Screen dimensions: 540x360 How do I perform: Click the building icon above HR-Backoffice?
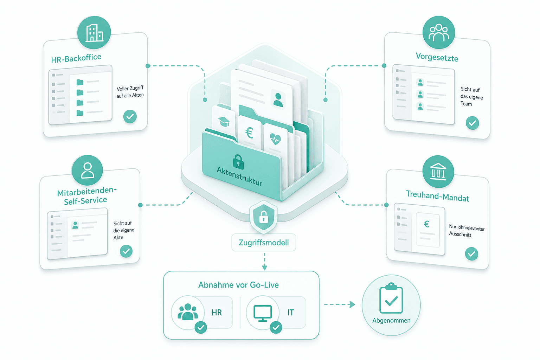[95, 33]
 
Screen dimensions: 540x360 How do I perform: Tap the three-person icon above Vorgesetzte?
[438, 32]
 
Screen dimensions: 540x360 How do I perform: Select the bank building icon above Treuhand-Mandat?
[438, 172]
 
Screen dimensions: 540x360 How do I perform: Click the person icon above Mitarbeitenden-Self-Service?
[87, 170]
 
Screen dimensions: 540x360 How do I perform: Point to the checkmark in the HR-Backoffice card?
[130, 117]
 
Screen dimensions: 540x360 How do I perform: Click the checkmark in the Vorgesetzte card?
[472, 123]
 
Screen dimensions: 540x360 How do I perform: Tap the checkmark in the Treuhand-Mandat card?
[471, 254]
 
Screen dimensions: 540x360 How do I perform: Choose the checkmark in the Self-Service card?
[126, 251]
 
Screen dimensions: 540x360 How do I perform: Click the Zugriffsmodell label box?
[264, 243]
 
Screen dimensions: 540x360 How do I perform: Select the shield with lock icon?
[263, 216]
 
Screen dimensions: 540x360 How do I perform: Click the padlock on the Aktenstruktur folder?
[238, 162]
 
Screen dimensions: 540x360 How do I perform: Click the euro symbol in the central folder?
[250, 133]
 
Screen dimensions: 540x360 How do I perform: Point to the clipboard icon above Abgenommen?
[391, 298]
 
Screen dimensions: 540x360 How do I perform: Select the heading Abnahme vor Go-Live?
[238, 285]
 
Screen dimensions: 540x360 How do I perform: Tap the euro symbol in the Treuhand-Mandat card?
[426, 224]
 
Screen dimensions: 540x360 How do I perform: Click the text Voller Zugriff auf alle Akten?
[130, 92]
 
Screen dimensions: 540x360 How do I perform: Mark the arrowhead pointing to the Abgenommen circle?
[353, 304]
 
